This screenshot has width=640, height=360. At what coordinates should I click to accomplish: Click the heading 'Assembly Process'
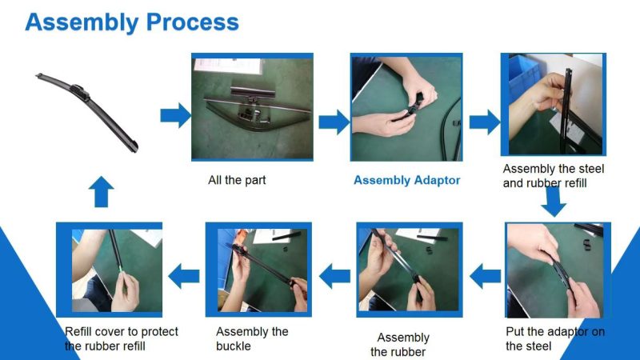click(x=132, y=22)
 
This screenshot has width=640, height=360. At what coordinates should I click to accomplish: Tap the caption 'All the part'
click(x=237, y=180)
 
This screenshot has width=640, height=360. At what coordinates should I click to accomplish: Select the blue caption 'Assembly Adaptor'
click(x=406, y=181)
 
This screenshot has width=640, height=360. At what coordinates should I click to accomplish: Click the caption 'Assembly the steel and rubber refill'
click(x=553, y=176)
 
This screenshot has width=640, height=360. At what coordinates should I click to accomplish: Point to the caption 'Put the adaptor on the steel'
click(x=554, y=338)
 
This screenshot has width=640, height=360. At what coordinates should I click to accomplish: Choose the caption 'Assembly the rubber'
click(x=401, y=345)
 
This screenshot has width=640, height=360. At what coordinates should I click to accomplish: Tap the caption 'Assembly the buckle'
click(x=252, y=338)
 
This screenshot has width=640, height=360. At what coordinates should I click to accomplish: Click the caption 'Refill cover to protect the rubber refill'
click(x=122, y=338)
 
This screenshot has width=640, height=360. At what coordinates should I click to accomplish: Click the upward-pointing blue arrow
click(x=102, y=192)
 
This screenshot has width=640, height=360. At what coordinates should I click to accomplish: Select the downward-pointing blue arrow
click(x=554, y=202)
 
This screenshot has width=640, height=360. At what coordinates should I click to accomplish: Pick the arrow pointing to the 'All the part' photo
click(x=175, y=115)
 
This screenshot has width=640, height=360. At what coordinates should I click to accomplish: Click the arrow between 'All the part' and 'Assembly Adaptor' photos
click(x=334, y=122)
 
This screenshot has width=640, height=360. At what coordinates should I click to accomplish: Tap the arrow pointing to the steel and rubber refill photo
click(x=485, y=122)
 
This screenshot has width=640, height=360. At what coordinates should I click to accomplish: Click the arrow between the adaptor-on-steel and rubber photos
click(x=486, y=276)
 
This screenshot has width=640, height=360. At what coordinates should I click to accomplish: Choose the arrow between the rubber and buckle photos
click(x=334, y=276)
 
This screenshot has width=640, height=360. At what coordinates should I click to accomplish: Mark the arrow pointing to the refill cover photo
click(x=184, y=276)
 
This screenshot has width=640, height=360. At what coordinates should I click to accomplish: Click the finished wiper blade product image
click(x=87, y=111)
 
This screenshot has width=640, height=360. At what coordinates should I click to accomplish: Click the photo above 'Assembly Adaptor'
click(x=406, y=107)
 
